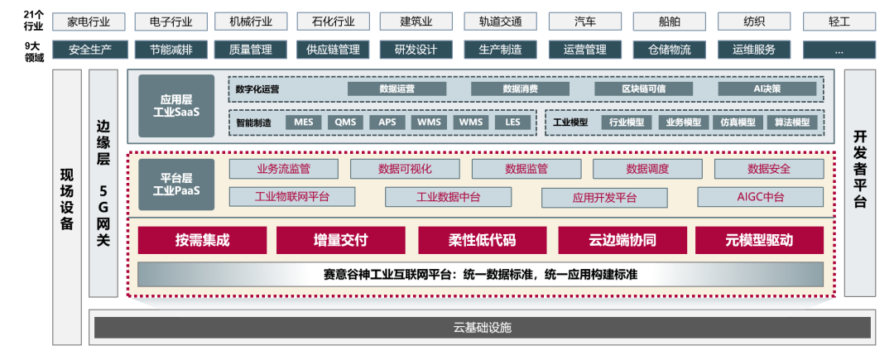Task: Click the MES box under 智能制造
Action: coord(303,122)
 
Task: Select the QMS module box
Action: coord(344,122)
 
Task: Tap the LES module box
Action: coord(512,122)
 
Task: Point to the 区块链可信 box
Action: coord(643,89)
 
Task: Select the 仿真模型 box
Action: coord(738,122)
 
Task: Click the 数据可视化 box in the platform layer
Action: coord(405,169)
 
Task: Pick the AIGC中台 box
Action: coord(761,197)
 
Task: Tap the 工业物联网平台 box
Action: coord(291,197)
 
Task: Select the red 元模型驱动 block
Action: coord(759,240)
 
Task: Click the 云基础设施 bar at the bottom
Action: coord(483,328)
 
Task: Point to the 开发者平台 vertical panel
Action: coord(859,182)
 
